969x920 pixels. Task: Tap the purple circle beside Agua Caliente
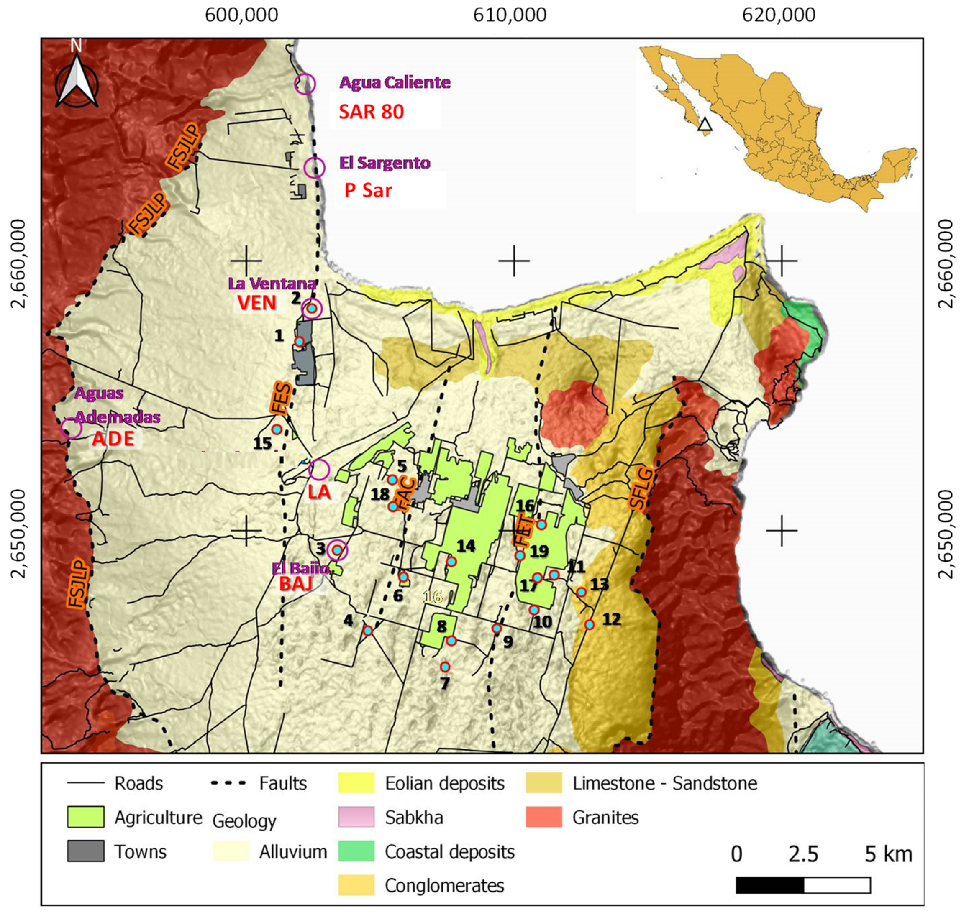coord(305,84)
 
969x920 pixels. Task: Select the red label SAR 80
coord(372,112)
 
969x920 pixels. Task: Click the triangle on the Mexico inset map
coord(705,125)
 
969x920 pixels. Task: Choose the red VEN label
coord(256,303)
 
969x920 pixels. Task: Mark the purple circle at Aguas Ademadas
coord(71,428)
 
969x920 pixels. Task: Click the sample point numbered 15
coord(277,429)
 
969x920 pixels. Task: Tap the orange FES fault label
coord(281,398)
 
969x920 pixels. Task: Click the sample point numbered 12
coord(589,624)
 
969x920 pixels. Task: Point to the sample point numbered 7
coord(444,667)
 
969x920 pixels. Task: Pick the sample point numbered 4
coord(367,631)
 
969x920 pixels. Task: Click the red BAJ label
coord(296,584)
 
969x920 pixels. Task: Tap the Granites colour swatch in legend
coord(543,817)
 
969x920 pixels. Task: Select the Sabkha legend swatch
coord(356,817)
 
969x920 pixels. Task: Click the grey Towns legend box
coord(85,851)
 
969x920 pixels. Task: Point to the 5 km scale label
coord(888,854)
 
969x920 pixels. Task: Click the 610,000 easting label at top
coord(509,15)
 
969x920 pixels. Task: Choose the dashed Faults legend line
coord(228,783)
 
